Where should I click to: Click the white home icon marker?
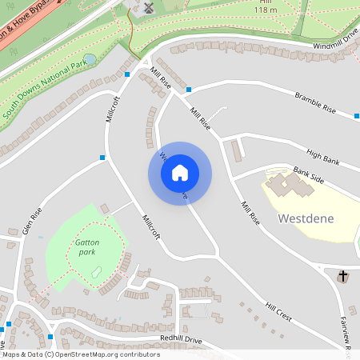179,173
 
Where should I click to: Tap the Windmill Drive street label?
336,46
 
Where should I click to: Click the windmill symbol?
148,7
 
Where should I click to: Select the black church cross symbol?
343,276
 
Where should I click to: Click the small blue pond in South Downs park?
90,59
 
